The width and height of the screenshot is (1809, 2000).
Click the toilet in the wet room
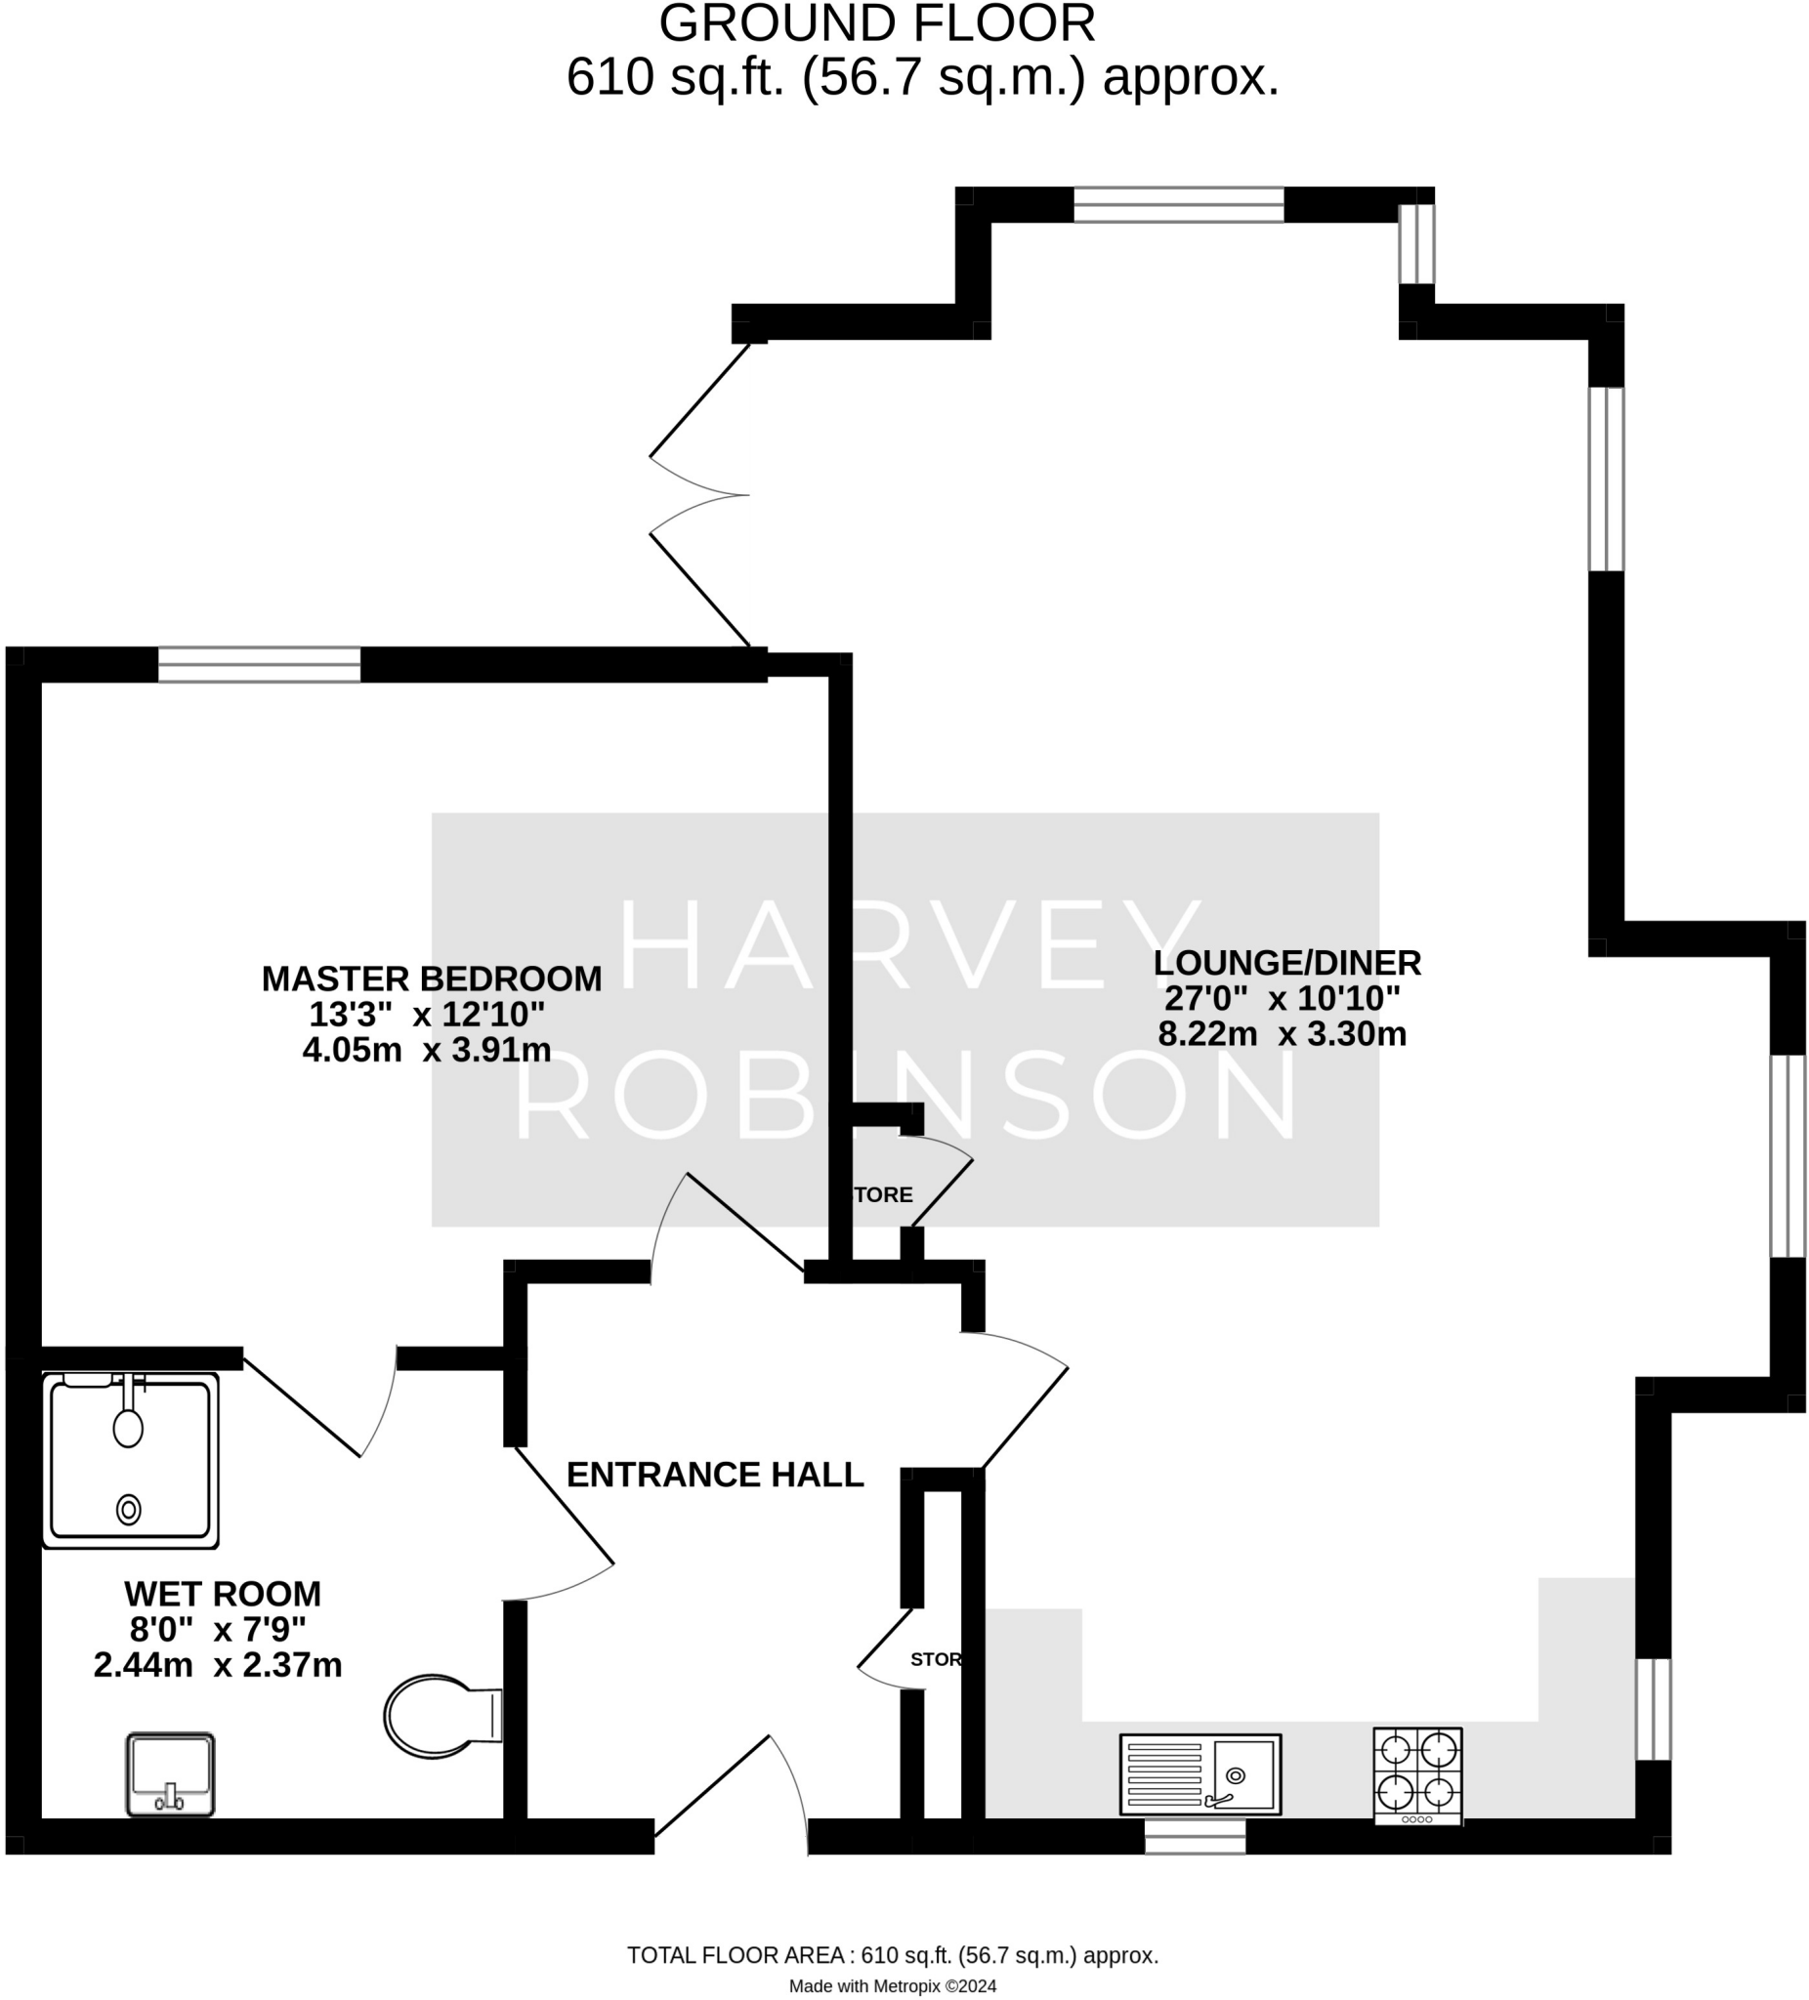[x=442, y=1716]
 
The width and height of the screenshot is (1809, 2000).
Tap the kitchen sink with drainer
[x=1199, y=1773]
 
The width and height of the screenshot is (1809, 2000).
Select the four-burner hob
[x=1417, y=1774]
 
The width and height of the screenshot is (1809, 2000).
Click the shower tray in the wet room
[x=130, y=1459]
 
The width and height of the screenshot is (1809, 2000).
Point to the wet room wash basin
[x=171, y=1773]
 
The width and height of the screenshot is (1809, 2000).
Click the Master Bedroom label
[x=432, y=979]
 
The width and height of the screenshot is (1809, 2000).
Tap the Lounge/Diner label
[x=1287, y=962]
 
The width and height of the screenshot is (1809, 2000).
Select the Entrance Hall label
[x=714, y=1476]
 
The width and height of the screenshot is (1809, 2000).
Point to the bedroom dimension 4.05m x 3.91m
[x=427, y=1050]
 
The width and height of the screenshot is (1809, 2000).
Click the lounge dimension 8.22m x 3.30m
[x=1283, y=1034]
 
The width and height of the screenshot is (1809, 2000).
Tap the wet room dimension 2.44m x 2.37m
[x=218, y=1665]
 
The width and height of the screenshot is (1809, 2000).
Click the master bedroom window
[x=259, y=665]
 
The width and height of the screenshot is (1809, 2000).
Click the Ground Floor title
[x=877, y=23]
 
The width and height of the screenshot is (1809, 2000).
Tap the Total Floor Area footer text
[x=892, y=1955]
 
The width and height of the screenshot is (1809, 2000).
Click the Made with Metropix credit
[x=892, y=1986]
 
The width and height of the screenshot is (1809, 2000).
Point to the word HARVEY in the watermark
[x=908, y=944]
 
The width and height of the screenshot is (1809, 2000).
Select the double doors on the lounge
[x=699, y=495]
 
